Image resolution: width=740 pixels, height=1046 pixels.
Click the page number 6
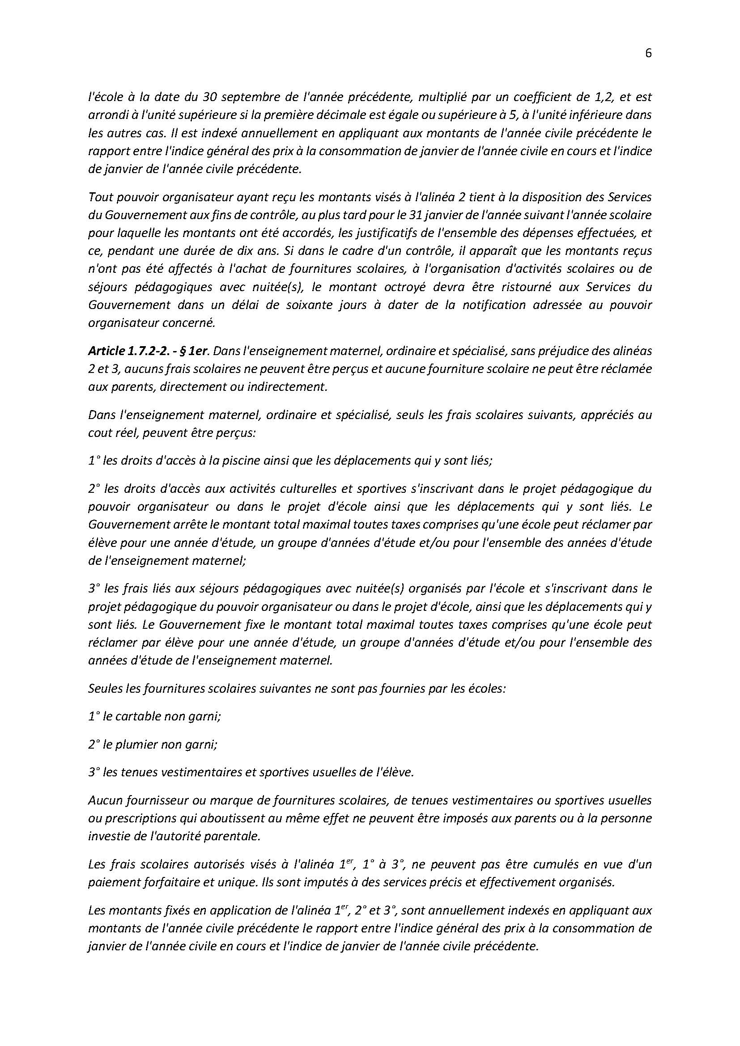[x=648, y=54]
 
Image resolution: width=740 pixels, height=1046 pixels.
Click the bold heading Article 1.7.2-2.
[x=122, y=351]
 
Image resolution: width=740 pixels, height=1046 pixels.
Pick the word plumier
[x=135, y=745]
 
